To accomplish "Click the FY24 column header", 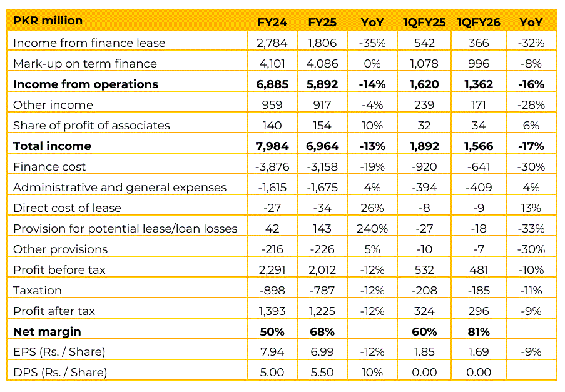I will pyautogui.click(x=272, y=22).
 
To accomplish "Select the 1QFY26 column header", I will pyautogui.click(x=479, y=22).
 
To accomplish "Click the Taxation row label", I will pyautogui.click(x=38, y=290).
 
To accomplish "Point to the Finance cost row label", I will pyautogui.click(x=49, y=166).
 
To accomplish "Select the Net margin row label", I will pyautogui.click(x=47, y=331).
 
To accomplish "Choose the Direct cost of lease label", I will pyautogui.click(x=67, y=208).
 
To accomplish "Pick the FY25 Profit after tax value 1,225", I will pyautogui.click(x=322, y=311).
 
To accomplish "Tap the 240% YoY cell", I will pyautogui.click(x=372, y=228).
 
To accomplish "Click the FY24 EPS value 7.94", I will pyautogui.click(x=272, y=352).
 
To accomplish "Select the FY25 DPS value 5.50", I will pyautogui.click(x=322, y=373).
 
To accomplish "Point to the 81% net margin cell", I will pyautogui.click(x=479, y=331).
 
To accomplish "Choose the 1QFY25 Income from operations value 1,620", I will pyautogui.click(x=424, y=84).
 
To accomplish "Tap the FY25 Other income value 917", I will pyautogui.click(x=322, y=104).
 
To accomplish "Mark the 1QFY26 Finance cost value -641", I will pyautogui.click(x=479, y=166).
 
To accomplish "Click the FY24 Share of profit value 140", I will pyautogui.click(x=272, y=125).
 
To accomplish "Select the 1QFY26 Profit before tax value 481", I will pyautogui.click(x=479, y=269).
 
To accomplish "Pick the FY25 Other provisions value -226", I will pyautogui.click(x=322, y=249).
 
